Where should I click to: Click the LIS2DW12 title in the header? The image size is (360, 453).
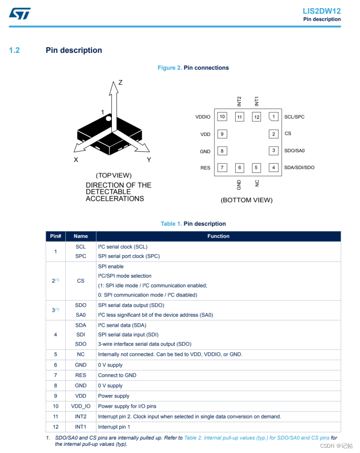[322, 11]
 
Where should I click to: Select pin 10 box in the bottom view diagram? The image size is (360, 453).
[222, 117]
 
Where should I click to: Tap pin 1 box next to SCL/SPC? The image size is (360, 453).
[274, 117]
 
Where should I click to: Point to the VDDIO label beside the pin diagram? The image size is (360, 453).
[203, 117]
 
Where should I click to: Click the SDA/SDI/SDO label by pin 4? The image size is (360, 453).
[299, 168]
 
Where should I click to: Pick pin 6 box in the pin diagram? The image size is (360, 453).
[239, 168]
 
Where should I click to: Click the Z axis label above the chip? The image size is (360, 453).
[120, 83]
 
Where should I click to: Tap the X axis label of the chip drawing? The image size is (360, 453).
[76, 160]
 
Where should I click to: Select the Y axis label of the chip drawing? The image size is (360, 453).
[149, 160]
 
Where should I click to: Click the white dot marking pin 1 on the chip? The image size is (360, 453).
[109, 118]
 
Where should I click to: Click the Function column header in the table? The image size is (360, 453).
[218, 236]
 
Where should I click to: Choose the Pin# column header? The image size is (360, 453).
[56, 236]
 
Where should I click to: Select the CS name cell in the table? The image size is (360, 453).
[81, 281]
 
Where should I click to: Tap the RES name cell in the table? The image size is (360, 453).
[81, 375]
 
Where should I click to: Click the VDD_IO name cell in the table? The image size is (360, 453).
[81, 406]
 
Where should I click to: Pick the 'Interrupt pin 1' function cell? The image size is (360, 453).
[114, 427]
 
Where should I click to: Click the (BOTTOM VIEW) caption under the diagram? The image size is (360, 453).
[246, 200]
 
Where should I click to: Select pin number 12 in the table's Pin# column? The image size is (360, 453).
[56, 427]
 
